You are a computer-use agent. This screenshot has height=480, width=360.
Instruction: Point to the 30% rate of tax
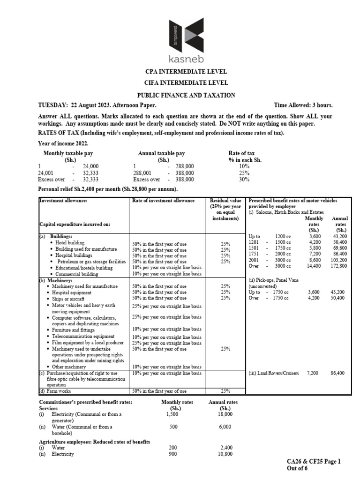(x=244, y=179)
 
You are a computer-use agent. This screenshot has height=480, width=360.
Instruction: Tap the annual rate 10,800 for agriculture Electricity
(x=226, y=454)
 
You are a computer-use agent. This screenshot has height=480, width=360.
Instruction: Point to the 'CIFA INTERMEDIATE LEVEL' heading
(x=180, y=83)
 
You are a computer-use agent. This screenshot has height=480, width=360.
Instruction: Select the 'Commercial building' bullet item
(x=77, y=274)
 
